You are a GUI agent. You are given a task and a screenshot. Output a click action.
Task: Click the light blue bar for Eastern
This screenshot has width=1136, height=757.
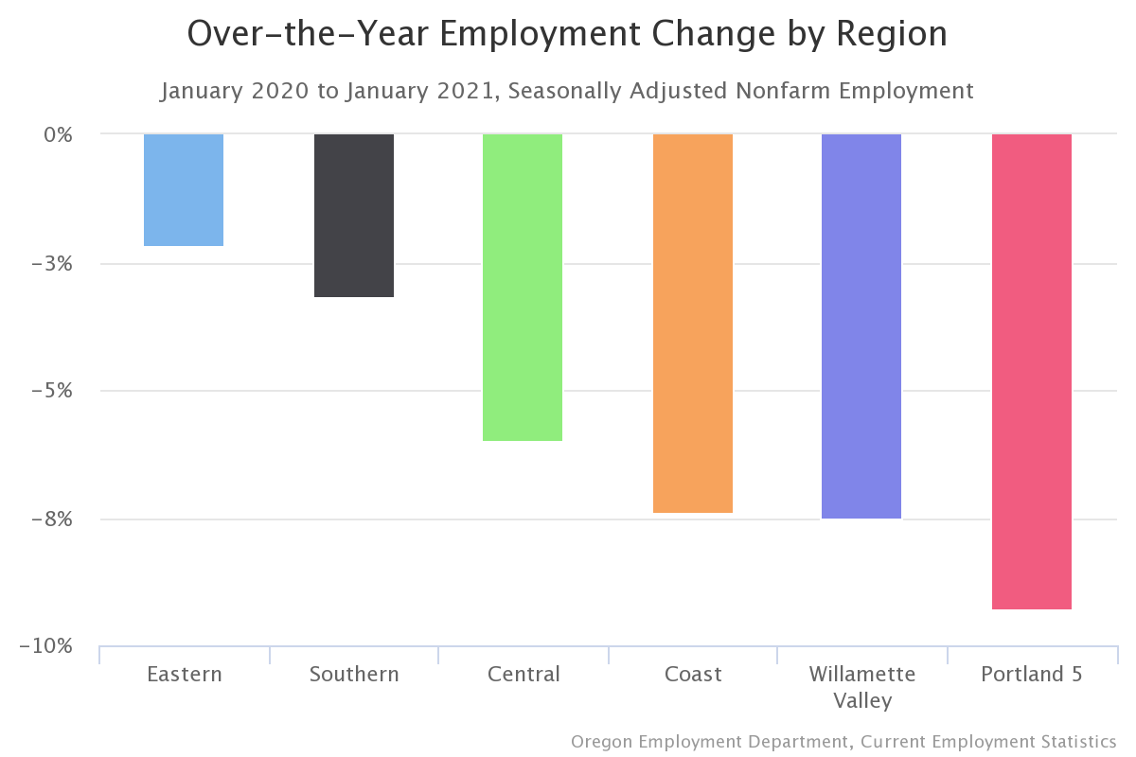tap(184, 190)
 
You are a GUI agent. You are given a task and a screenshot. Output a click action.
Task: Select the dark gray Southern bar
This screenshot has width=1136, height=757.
tap(354, 216)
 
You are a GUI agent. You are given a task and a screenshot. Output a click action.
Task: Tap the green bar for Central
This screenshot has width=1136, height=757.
tap(523, 288)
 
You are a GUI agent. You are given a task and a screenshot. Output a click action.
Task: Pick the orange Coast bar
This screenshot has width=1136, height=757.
tap(693, 324)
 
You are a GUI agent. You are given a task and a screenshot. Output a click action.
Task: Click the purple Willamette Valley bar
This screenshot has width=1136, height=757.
tap(861, 326)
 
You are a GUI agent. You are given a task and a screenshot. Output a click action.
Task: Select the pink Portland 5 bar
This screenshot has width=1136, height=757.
tap(1032, 372)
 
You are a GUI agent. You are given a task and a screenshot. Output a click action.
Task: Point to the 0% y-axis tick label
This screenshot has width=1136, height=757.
tap(59, 134)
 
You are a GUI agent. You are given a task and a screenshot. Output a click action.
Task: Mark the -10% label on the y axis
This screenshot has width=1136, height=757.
tap(46, 646)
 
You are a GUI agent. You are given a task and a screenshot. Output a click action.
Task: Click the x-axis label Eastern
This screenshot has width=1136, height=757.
tap(185, 675)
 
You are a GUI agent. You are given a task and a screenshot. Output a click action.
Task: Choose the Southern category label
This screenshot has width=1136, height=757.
tap(354, 675)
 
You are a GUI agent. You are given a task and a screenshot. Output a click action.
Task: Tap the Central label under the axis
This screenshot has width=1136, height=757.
tap(524, 675)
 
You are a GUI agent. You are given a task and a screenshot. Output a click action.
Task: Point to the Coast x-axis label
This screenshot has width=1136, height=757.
tap(693, 675)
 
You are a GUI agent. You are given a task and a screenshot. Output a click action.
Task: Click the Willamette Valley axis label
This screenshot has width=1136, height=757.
tap(861, 687)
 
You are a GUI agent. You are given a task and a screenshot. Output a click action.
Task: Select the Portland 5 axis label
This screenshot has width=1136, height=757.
tap(1031, 675)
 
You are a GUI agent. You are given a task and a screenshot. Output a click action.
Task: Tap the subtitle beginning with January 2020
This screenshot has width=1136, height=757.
tap(567, 91)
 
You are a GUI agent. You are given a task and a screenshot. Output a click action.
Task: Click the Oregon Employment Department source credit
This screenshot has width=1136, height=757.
tap(843, 741)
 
